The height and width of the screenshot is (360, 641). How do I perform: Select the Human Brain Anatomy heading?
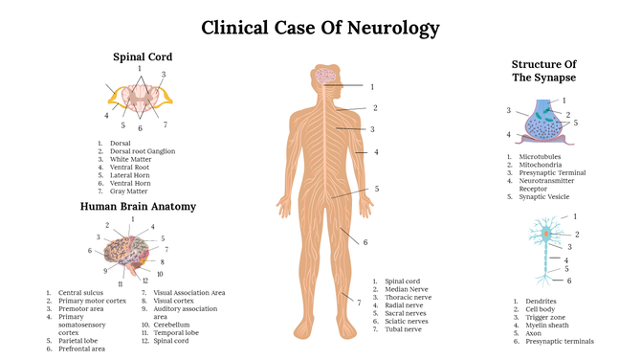(138, 206)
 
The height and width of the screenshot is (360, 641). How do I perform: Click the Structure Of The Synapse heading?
(543, 70)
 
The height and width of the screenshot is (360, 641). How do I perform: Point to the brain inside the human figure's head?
(326, 76)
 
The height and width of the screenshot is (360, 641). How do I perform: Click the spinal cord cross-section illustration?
(140, 97)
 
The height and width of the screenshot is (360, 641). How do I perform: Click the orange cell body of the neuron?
(546, 233)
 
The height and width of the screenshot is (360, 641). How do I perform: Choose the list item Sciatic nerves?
(408, 322)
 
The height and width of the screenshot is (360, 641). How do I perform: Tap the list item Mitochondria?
(542, 164)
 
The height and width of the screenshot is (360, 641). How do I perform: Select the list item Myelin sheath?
(548, 325)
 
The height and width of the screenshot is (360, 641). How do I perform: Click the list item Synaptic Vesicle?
(544, 197)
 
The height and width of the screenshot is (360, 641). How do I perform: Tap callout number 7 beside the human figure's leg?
(359, 303)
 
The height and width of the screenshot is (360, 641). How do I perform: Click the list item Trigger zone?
(545, 317)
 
